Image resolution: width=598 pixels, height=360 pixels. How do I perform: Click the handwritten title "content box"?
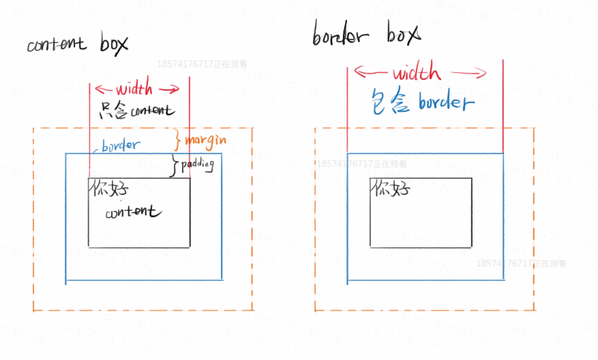77,44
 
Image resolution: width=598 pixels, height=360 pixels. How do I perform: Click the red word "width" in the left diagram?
134,89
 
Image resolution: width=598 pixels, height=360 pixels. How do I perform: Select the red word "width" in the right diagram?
416,73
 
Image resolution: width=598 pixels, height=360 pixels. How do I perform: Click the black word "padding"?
198,164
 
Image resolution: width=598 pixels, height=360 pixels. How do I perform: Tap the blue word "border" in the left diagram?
121,145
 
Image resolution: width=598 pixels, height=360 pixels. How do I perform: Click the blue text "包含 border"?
421,102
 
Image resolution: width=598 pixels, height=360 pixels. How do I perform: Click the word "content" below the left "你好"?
133,213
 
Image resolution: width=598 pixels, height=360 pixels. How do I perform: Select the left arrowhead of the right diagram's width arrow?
359,72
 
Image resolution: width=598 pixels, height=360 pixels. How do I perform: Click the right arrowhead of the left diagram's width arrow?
175,89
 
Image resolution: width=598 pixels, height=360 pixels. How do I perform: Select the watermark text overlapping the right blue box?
361,164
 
